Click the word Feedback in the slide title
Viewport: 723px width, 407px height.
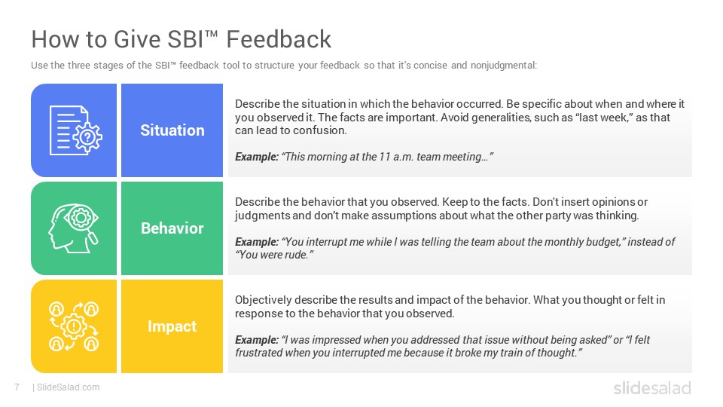coord(279,39)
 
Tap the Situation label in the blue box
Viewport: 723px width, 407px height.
coord(172,130)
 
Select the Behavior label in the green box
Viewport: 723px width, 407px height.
coord(172,228)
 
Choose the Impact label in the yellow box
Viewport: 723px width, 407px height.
coord(172,326)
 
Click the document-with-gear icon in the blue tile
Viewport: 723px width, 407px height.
coord(75,130)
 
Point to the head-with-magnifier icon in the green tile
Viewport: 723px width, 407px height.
coord(73,228)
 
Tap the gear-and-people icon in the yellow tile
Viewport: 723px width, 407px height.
coord(74,326)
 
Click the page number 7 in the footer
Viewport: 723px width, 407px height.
coord(17,387)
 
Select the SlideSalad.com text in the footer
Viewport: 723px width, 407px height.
coord(69,387)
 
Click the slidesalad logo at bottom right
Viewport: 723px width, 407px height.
coord(652,387)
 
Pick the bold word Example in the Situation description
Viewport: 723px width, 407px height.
coord(257,157)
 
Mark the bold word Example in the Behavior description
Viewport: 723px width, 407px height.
coord(257,242)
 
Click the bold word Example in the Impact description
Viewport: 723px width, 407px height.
coord(257,340)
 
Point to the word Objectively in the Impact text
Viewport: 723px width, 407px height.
coord(264,300)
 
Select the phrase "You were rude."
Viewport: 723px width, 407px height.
coord(274,255)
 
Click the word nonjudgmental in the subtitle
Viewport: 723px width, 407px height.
coord(504,66)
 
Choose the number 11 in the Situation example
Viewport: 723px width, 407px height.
coord(385,157)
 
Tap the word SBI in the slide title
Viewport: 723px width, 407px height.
coord(185,39)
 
